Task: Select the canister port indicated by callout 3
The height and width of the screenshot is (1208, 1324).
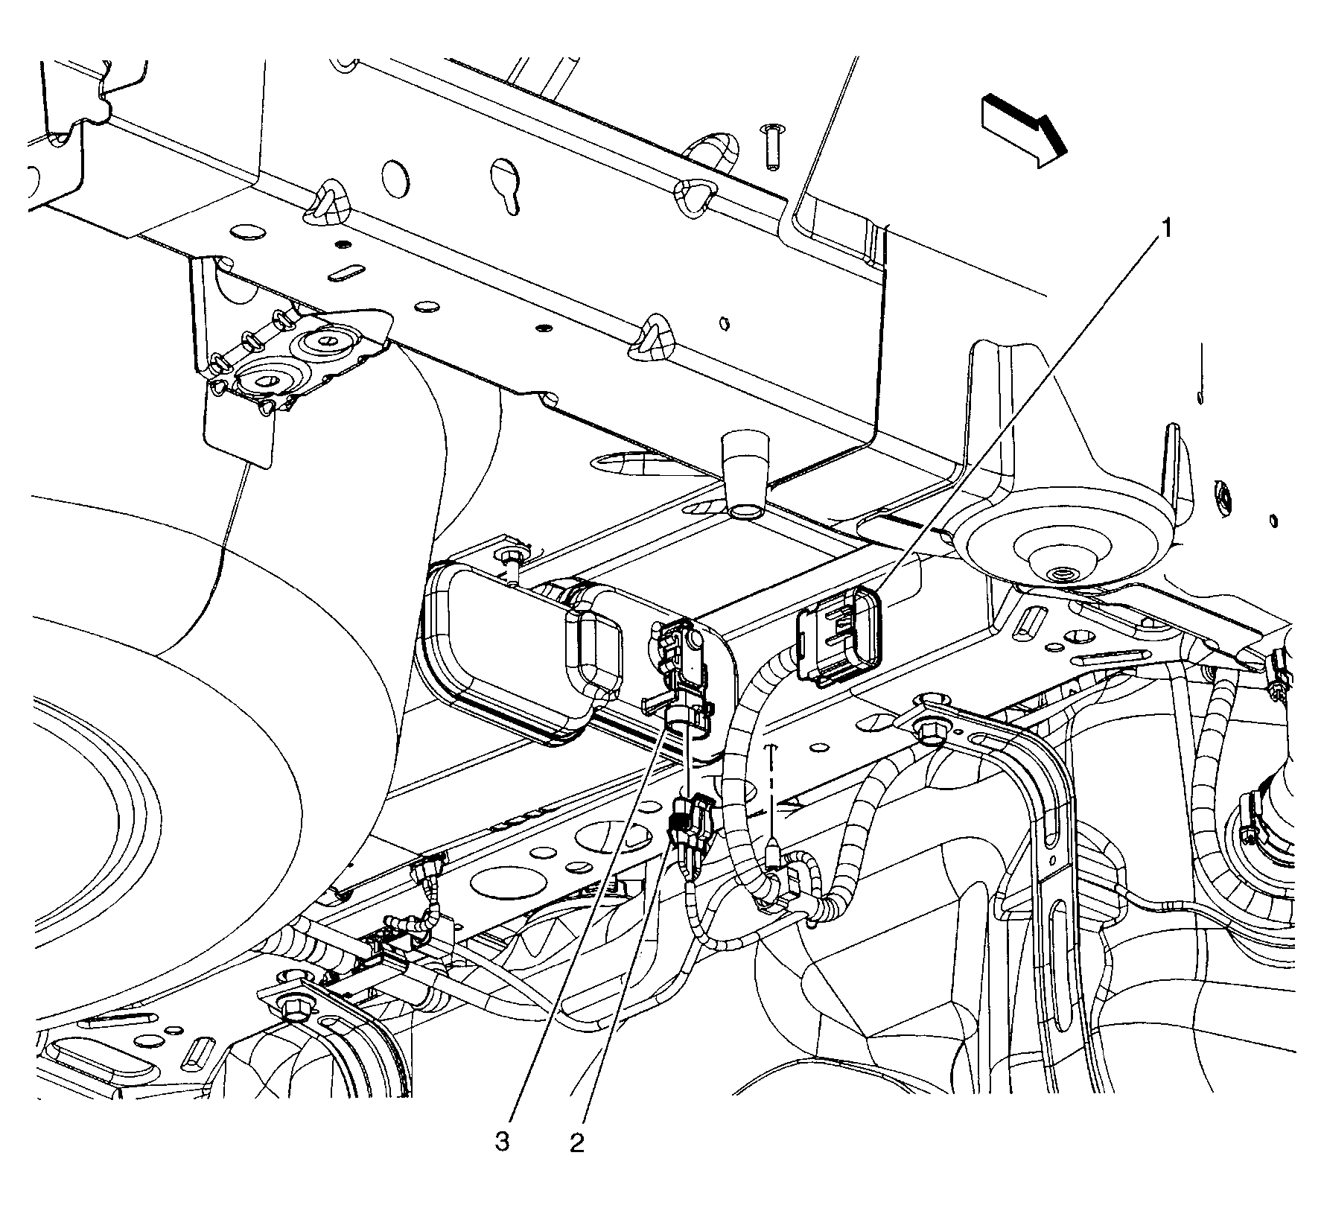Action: click(x=684, y=719)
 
